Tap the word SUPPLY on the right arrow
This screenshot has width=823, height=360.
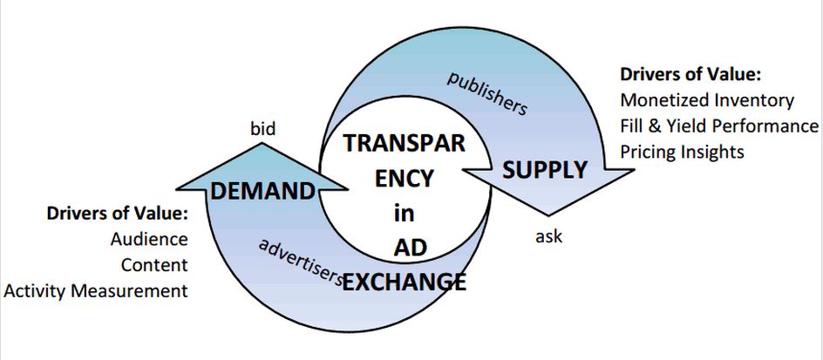(544, 170)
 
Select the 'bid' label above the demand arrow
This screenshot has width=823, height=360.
(262, 130)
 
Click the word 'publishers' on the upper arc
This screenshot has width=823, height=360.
(487, 93)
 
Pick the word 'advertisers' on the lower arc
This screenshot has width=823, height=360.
(299, 260)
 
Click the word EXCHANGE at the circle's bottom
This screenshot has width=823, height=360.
(404, 282)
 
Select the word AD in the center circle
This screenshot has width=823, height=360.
(398, 248)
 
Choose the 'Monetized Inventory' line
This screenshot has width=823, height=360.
(707, 100)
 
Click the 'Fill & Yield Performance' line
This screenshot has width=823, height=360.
(719, 126)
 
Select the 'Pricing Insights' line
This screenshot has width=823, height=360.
(682, 151)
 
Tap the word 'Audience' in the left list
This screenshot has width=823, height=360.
(149, 239)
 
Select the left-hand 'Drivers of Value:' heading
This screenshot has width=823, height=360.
(118, 214)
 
